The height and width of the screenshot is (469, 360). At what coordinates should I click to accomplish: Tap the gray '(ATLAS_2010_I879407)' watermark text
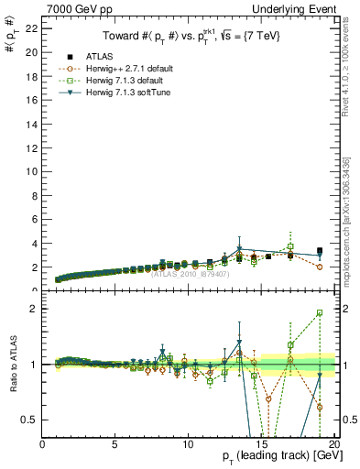189,273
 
